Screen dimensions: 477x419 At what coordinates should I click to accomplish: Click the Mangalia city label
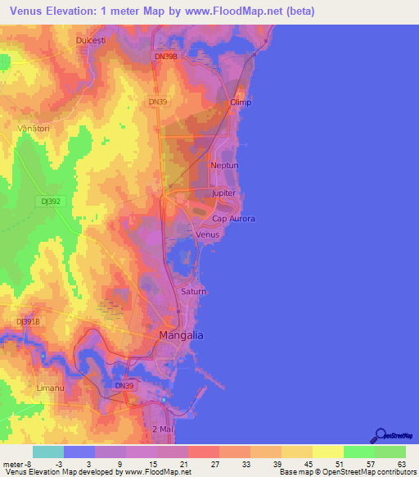(180, 336)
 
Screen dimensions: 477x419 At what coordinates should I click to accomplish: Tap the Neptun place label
(224, 166)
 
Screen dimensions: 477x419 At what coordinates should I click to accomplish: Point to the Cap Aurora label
(233, 219)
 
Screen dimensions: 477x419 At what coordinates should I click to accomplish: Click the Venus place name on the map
(209, 234)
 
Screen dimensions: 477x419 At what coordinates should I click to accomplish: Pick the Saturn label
(193, 292)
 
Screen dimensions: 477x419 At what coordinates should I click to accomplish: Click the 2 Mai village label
(164, 429)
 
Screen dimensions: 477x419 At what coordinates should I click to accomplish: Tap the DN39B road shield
(164, 57)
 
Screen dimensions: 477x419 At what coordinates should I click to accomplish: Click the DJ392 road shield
(50, 200)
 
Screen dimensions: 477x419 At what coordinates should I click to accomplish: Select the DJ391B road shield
(28, 322)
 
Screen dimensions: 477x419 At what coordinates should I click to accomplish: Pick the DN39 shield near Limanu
(124, 385)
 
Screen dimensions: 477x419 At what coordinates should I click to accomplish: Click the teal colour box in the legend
(47, 452)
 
